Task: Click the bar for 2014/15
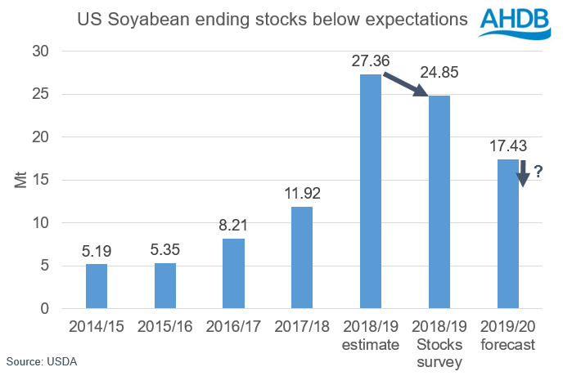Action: tap(97, 287)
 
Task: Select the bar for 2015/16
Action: tap(165, 286)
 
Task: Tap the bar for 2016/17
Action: tap(233, 274)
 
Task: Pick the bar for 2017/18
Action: tap(302, 258)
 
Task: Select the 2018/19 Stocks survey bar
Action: tap(439, 203)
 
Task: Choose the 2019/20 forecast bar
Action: tap(507, 235)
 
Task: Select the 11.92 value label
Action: tap(302, 195)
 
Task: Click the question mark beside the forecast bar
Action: tap(538, 172)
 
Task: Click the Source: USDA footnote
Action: tap(42, 360)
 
